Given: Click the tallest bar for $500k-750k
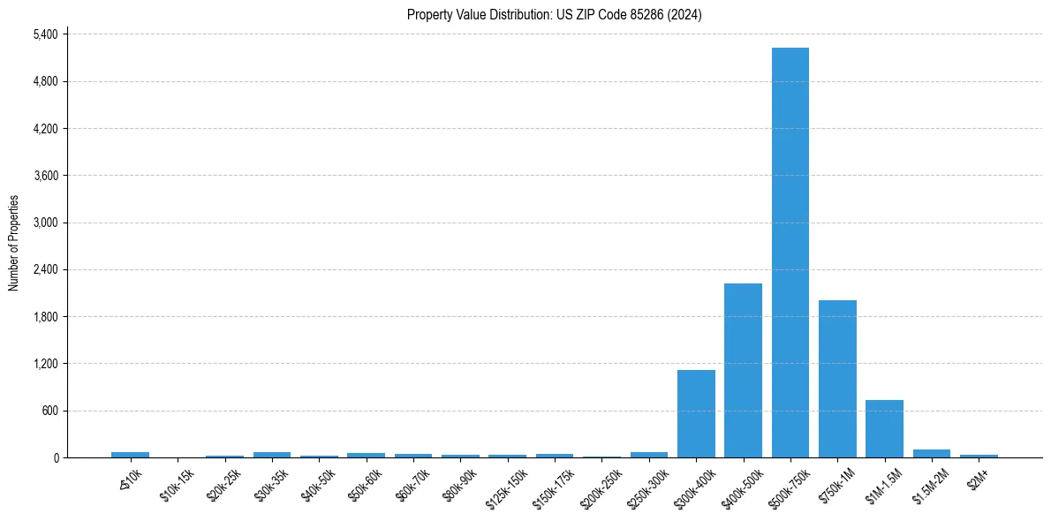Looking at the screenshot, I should pyautogui.click(x=790, y=253).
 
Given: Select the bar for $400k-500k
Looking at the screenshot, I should pyautogui.click(x=743, y=370).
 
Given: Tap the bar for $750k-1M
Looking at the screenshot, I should pyautogui.click(x=837, y=379).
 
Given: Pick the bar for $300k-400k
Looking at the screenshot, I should pyautogui.click(x=696, y=413).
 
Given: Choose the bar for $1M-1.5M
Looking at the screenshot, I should pyautogui.click(x=884, y=428).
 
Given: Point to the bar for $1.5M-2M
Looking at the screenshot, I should pyautogui.click(x=931, y=453).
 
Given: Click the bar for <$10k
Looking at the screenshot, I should pyautogui.click(x=130, y=454).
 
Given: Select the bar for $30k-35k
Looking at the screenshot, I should pyautogui.click(x=271, y=454).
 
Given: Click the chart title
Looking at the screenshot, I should pyautogui.click(x=554, y=14).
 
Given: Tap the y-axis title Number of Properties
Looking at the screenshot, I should pyautogui.click(x=14, y=243).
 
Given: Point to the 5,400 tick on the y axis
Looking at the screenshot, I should pyautogui.click(x=45, y=34).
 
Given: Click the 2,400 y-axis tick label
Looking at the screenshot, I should pyautogui.click(x=45, y=269).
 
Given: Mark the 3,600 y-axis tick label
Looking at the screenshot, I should pyautogui.click(x=45, y=176).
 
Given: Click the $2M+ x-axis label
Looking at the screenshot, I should pyautogui.click(x=978, y=478).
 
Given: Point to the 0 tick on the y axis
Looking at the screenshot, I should pyautogui.click(x=56, y=457).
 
